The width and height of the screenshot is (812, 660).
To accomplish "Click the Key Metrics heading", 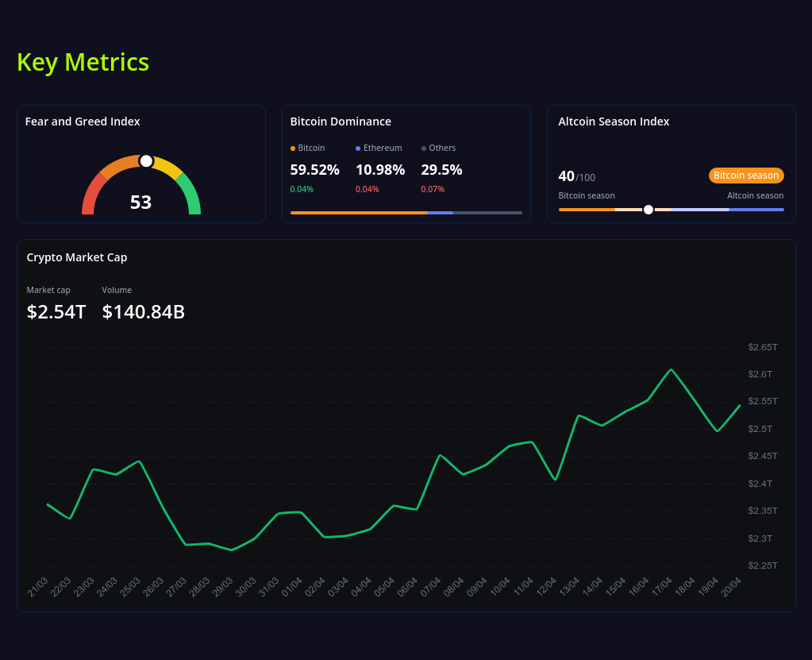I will pos(83,62).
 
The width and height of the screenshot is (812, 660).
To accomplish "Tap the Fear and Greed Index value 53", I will pos(140,203).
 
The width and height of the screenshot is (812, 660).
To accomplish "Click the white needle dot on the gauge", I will pos(146,161).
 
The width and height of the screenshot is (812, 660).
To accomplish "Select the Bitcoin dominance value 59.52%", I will pos(314,169).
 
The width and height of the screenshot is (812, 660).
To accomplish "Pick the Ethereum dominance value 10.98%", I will pos(380,169).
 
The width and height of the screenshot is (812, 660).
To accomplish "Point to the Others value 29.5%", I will pos(441,169).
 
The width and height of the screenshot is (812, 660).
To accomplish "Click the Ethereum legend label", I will pos(383,148).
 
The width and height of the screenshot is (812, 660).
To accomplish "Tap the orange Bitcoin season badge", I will pos(746,176).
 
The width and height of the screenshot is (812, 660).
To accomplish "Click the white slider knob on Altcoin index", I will pos(648,210).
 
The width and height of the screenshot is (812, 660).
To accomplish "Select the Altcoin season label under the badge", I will pos(755,195).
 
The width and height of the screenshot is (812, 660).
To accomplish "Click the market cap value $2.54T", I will pos(56,312).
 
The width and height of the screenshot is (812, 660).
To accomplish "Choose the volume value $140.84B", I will pos(144,312).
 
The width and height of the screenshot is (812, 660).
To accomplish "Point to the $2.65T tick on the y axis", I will pos(762,347).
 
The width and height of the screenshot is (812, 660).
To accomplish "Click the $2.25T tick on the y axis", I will pos(762,565).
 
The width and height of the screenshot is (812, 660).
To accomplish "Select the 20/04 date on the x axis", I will pos(732,587).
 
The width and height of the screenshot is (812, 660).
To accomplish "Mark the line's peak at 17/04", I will pos(672,369).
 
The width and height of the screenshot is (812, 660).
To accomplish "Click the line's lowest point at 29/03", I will pos(231,550).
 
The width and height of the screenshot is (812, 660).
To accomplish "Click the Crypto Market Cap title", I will pos(77,257).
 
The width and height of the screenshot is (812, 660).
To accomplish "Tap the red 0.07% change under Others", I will pos(433,189).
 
